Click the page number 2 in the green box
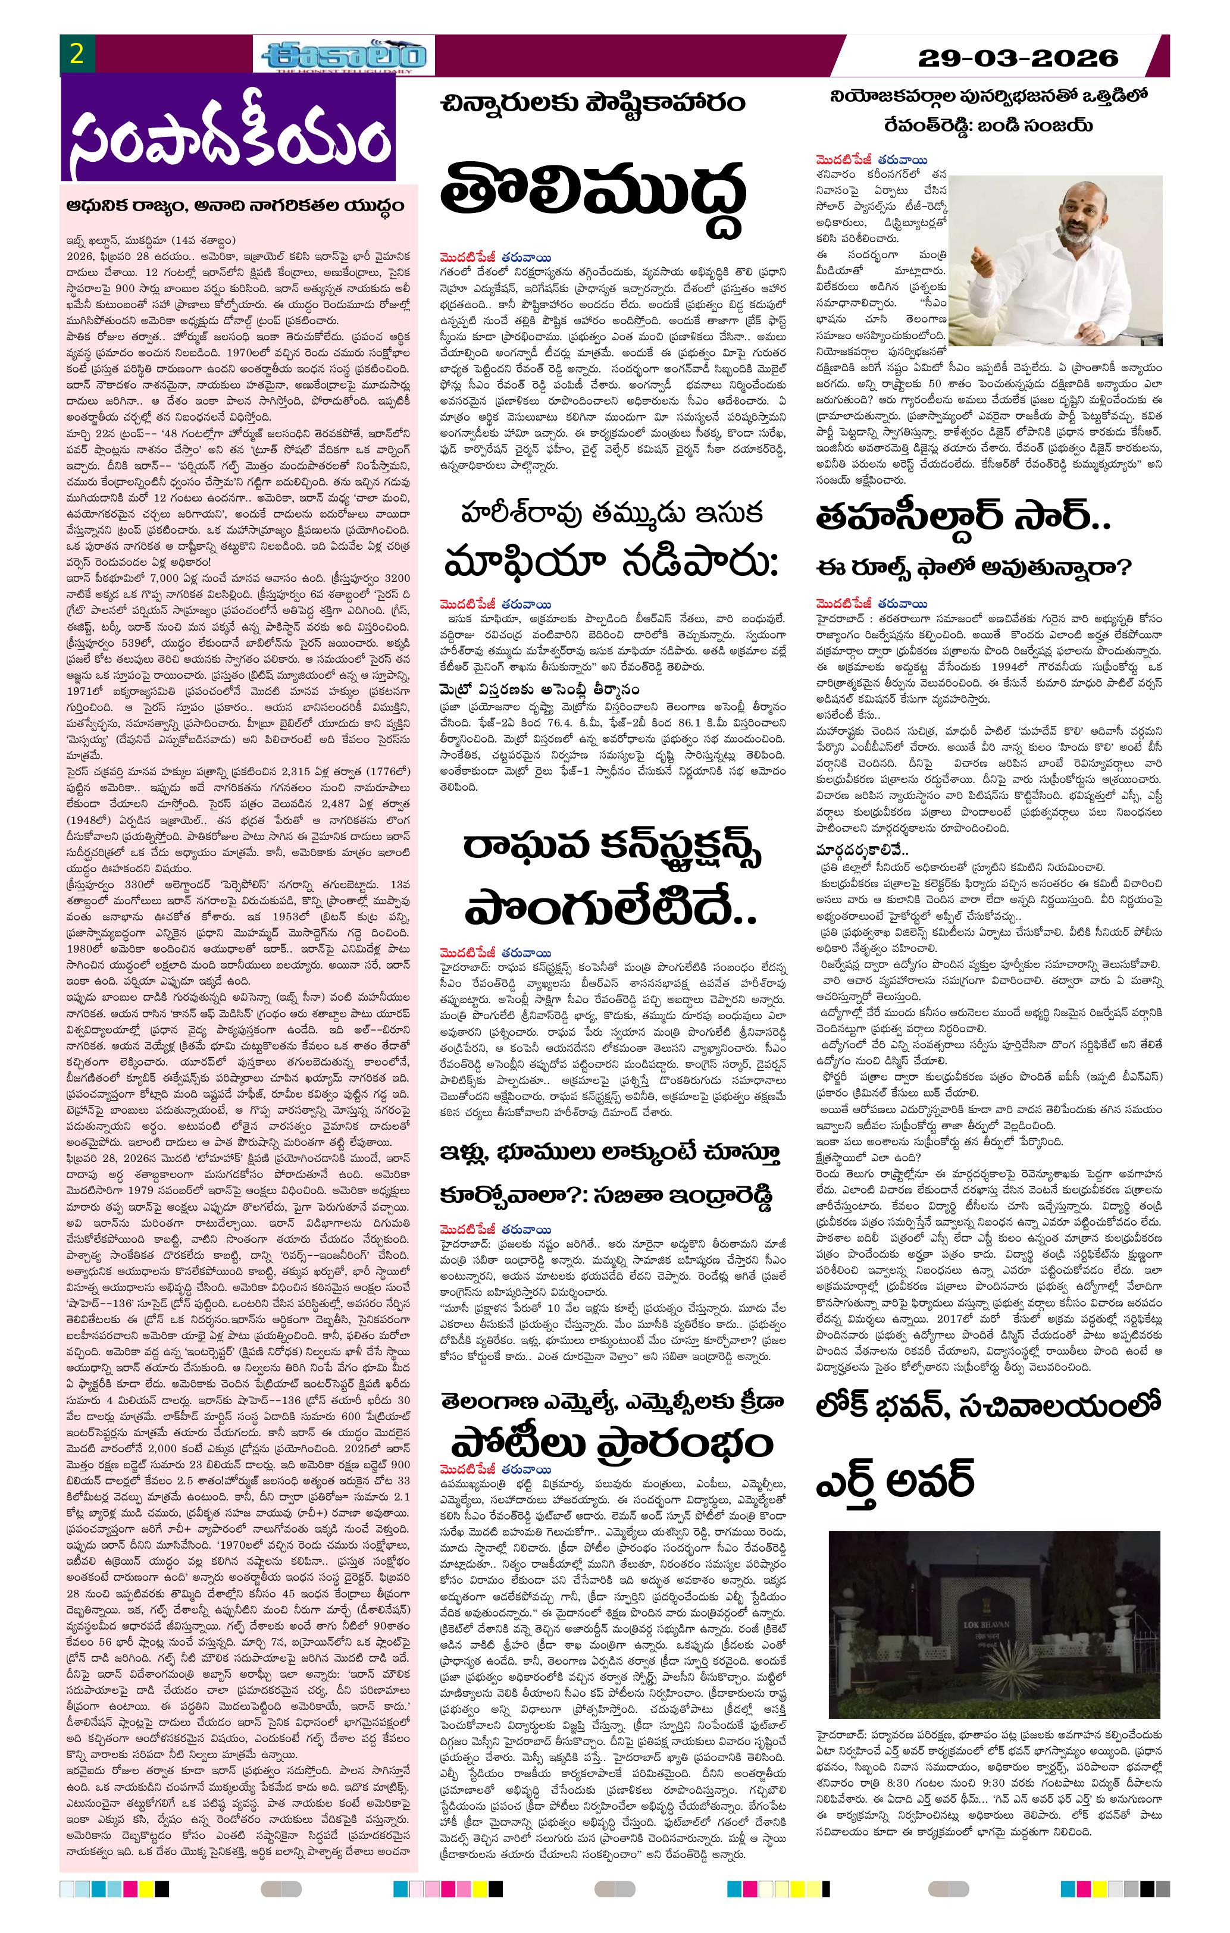77,55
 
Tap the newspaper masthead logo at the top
346,55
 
